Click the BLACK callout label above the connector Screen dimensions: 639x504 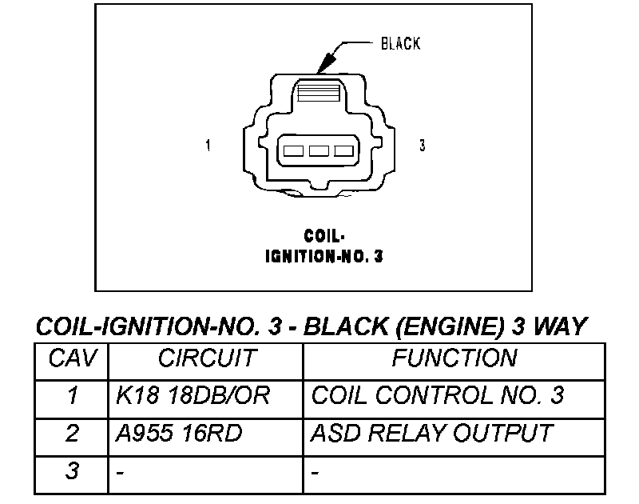(x=400, y=43)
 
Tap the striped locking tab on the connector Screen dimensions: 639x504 (x=318, y=92)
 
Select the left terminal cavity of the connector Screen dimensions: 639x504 (x=293, y=151)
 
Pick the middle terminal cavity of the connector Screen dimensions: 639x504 (x=319, y=151)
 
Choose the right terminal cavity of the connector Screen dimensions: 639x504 (x=343, y=151)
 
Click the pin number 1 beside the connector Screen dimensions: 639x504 (x=208, y=146)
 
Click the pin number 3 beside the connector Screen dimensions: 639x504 (x=423, y=146)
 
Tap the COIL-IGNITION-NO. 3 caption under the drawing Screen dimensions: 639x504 (x=324, y=246)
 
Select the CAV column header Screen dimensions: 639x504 (x=73, y=358)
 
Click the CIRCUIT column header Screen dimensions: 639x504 (x=207, y=358)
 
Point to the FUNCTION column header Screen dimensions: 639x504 (x=454, y=358)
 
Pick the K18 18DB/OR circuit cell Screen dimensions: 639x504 (x=192, y=395)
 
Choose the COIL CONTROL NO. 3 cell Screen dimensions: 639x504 (x=437, y=395)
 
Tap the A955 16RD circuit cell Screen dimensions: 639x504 (x=179, y=433)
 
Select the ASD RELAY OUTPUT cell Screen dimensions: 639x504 (x=431, y=433)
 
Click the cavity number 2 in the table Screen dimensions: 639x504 (x=72, y=433)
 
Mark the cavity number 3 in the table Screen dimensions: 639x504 (x=72, y=470)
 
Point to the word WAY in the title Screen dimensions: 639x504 (x=560, y=326)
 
